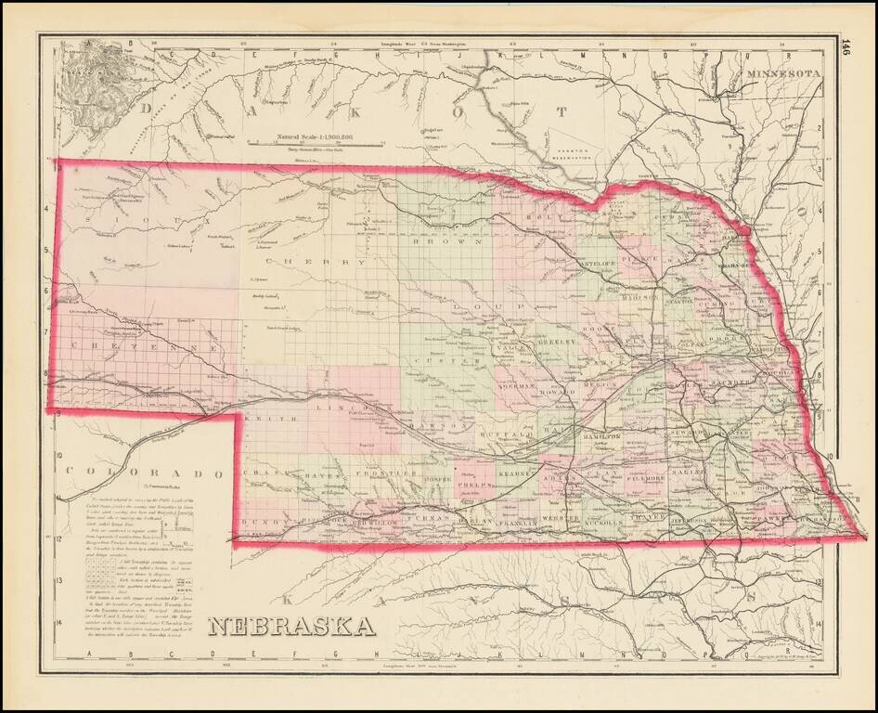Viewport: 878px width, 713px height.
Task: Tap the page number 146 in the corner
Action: click(846, 47)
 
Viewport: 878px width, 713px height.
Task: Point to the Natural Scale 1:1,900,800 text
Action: click(316, 136)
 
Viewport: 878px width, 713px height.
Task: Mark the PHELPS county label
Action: click(471, 483)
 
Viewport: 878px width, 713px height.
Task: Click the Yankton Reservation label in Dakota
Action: click(569, 152)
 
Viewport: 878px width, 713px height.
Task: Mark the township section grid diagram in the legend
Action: click(103, 580)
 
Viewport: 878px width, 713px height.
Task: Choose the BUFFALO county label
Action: click(507, 434)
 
